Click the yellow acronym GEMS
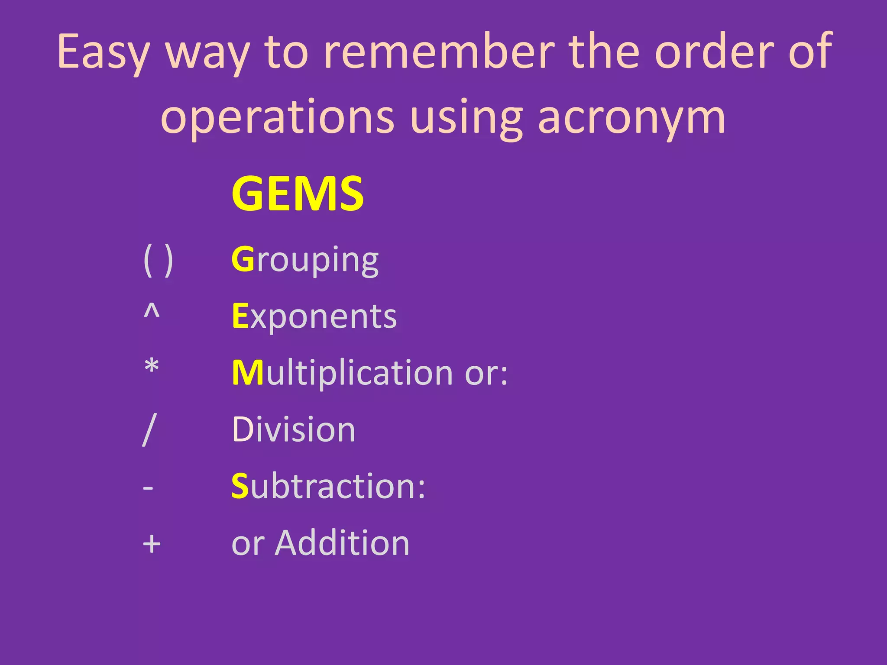click(298, 194)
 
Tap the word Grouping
click(305, 260)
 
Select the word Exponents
click(314, 316)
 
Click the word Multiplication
click(341, 373)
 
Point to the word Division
click(294, 429)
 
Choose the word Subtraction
click(328, 486)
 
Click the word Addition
click(342, 543)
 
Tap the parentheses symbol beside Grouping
click(158, 260)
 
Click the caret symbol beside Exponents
click(152, 311)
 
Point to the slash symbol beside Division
click(149, 429)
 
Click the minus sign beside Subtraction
click(148, 488)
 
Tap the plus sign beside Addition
click(152, 544)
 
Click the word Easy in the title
click(104, 52)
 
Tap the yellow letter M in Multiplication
click(248, 373)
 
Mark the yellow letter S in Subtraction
click(240, 486)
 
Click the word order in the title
click(713, 52)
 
